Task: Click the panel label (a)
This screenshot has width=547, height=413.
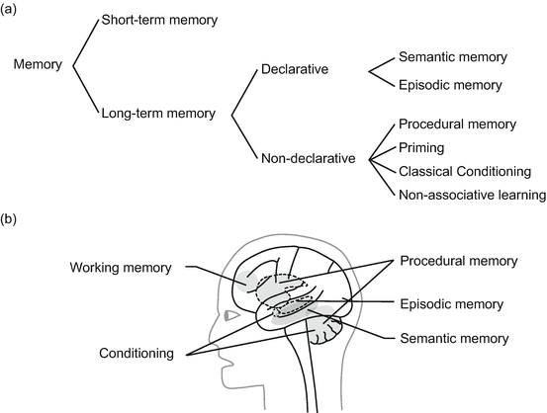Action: [x=14, y=11]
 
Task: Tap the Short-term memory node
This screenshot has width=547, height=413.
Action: [x=160, y=19]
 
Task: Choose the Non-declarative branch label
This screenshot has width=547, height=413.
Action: [x=309, y=157]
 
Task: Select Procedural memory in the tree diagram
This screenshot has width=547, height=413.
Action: [x=456, y=124]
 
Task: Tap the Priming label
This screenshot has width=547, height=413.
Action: [x=421, y=147]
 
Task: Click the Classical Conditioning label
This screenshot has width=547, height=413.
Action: [x=462, y=171]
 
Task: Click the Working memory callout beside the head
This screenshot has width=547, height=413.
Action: [x=122, y=268]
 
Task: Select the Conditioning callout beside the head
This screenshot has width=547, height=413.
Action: [x=138, y=351]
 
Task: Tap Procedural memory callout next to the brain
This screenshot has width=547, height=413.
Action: [x=458, y=261]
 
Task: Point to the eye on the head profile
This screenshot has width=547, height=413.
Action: [x=230, y=316]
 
